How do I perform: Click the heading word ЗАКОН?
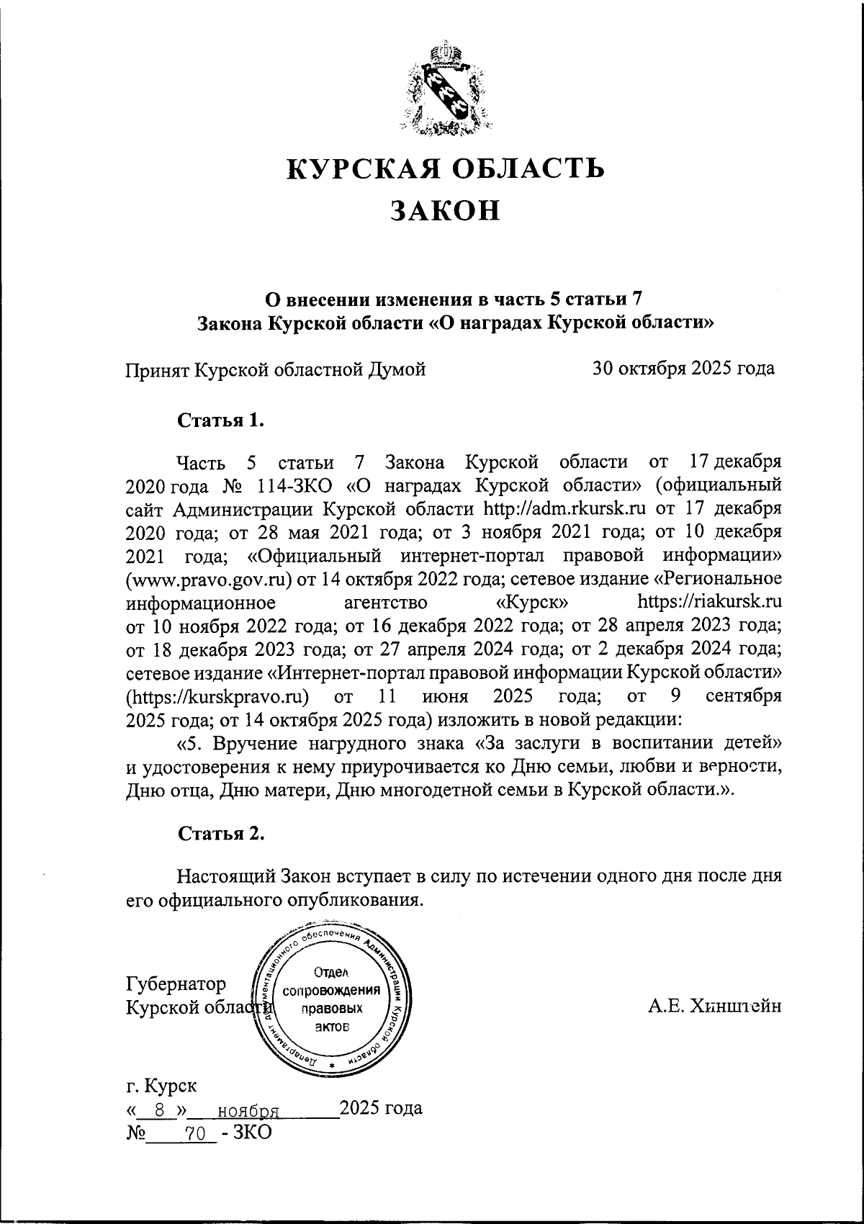444,210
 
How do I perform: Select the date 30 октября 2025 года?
683,369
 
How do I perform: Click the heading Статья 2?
221,833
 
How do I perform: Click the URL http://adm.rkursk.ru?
565,508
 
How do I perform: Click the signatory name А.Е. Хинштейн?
714,1006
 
